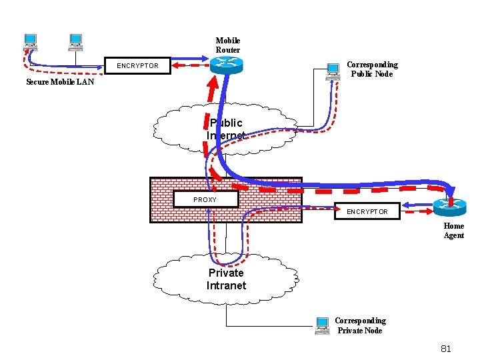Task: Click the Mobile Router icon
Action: coord(227,65)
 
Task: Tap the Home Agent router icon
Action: coord(449,207)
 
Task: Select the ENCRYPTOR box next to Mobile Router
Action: coord(138,66)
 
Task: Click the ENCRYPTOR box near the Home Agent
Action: coord(366,211)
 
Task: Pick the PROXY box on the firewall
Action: coord(205,199)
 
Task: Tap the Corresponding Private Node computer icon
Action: coord(323,325)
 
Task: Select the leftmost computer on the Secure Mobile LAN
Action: coord(30,43)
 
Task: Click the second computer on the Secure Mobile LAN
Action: coord(75,43)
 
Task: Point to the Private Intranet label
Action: coord(226,279)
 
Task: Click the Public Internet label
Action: coord(226,129)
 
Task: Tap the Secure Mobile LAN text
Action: coord(60,83)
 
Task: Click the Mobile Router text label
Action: coord(227,45)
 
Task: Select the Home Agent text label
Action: coord(454,231)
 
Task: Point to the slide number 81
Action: coord(446,349)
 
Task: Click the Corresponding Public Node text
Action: coord(372,69)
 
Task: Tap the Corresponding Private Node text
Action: coord(360,325)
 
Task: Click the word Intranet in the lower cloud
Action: coord(226,285)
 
